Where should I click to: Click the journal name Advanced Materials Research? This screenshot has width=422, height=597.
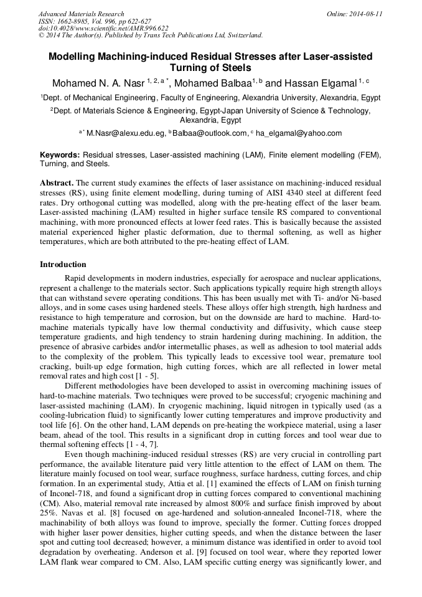pyautogui.click(x=82, y=14)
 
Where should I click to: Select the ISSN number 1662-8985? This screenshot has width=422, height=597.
pyautogui.click(x=78, y=21)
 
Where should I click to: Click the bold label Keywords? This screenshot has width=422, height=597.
pyautogui.click(x=60, y=154)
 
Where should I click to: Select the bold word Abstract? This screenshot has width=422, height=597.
pyautogui.click(x=57, y=183)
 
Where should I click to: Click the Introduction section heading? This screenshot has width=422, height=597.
pyautogui.click(x=63, y=265)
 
